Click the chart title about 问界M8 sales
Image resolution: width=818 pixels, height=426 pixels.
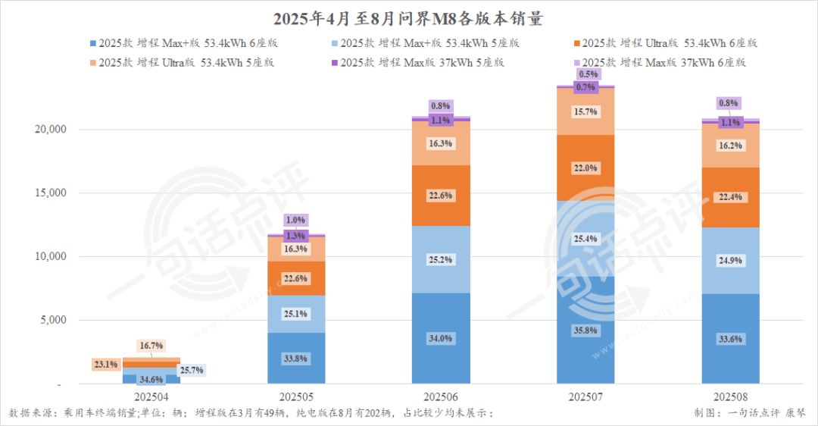click(x=409, y=17)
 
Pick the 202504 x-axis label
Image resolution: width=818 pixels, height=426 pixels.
click(x=151, y=397)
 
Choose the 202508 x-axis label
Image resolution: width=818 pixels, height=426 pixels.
click(x=729, y=397)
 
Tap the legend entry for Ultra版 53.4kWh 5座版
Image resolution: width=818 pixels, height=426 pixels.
click(x=186, y=62)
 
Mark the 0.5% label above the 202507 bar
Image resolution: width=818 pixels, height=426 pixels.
click(x=588, y=74)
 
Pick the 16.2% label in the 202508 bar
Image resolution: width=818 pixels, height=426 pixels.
click(x=729, y=147)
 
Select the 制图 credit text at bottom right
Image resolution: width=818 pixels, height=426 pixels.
click(x=750, y=413)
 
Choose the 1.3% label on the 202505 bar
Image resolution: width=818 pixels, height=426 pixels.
click(x=296, y=236)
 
